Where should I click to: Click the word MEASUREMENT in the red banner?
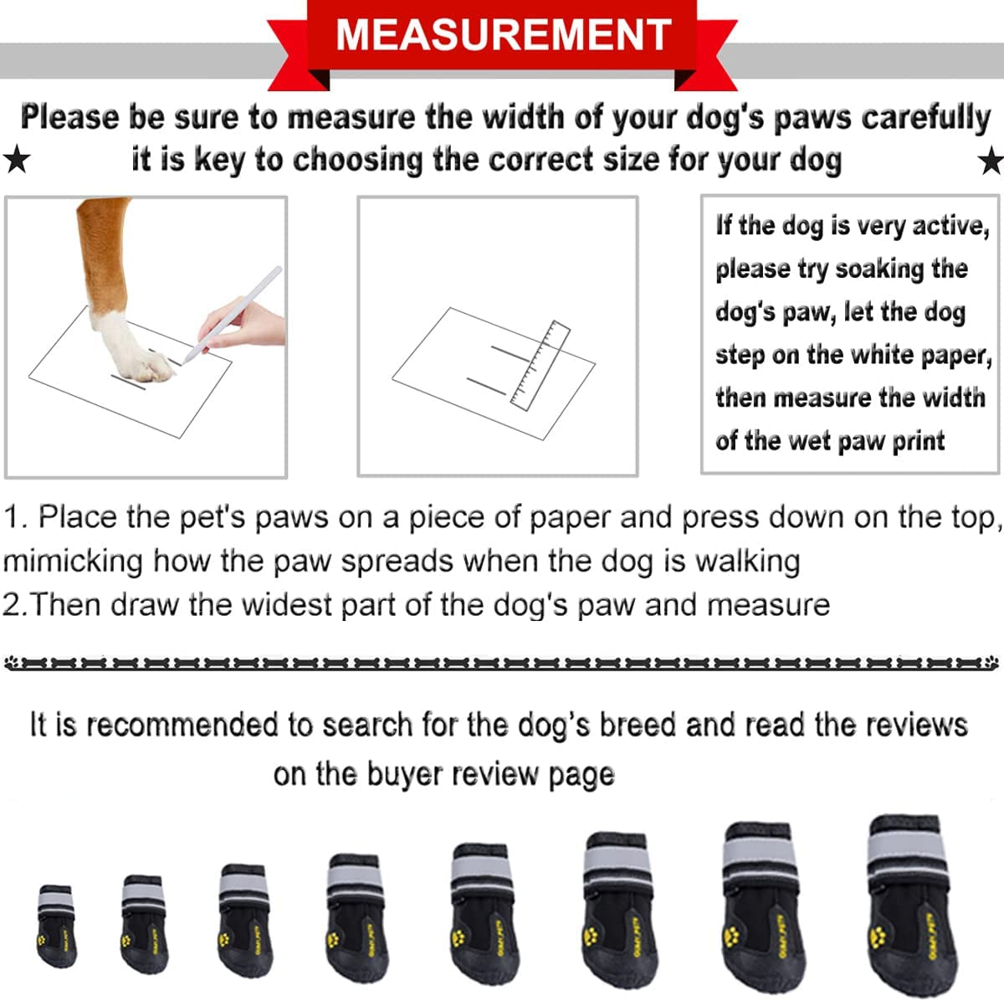click(x=503, y=34)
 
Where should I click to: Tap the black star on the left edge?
click(x=16, y=158)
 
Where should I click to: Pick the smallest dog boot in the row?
click(x=56, y=925)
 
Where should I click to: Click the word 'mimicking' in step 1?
click(x=73, y=560)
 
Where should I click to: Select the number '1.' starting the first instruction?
click(x=17, y=516)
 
